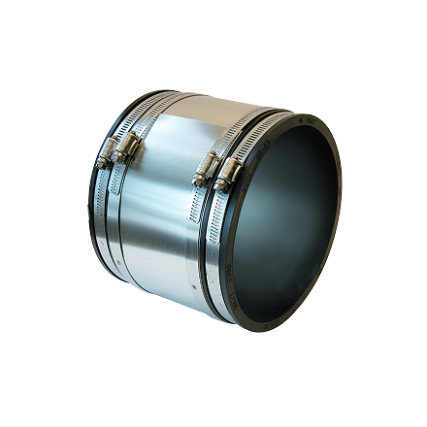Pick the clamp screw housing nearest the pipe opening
[229, 170]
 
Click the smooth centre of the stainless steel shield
[165, 213]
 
